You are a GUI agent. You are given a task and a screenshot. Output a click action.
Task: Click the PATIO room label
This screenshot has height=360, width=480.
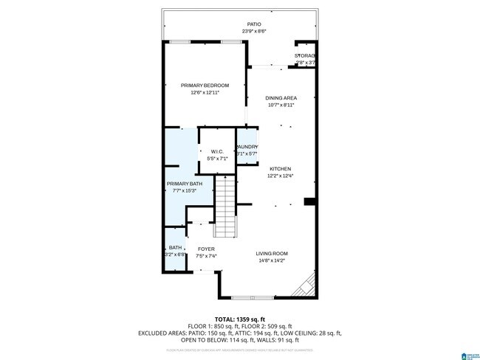click(253, 24)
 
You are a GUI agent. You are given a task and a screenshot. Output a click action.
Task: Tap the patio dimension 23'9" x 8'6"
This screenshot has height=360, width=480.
click(253, 32)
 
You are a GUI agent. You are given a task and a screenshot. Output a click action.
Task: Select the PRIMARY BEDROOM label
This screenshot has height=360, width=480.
click(205, 86)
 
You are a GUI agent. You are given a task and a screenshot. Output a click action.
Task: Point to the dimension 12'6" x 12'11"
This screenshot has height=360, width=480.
click(205, 92)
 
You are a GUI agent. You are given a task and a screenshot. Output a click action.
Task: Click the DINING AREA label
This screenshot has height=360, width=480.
click(281, 98)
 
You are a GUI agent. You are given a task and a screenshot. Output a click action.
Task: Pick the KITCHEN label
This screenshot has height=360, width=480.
click(281, 168)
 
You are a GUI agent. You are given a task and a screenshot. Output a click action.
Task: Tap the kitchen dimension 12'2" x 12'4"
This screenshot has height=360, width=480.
click(281, 176)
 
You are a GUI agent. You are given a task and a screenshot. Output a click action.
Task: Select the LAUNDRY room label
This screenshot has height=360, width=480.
click(247, 147)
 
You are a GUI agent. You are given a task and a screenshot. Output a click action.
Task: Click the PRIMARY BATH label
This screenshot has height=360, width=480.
click(184, 184)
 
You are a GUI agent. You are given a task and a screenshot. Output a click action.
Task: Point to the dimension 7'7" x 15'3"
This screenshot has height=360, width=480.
click(184, 191)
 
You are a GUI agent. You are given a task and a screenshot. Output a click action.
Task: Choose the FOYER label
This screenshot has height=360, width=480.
click(206, 249)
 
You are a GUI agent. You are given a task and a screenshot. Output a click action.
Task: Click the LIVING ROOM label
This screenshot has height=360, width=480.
click(272, 253)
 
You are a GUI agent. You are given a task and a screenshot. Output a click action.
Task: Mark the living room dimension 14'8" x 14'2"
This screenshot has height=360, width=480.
click(272, 260)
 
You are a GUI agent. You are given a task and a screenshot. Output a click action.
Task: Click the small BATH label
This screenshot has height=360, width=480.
click(175, 248)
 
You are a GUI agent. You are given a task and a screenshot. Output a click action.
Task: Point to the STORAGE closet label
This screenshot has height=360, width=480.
click(305, 56)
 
